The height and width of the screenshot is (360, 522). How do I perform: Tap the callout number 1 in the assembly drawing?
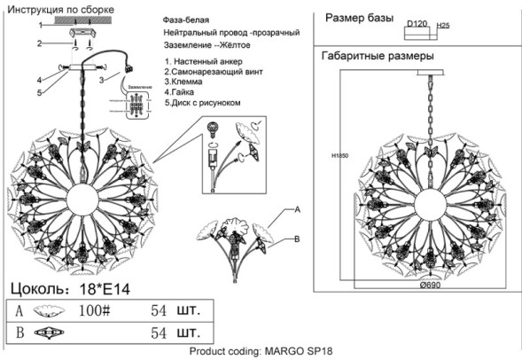[39, 26]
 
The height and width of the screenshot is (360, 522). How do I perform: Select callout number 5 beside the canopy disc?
[39, 90]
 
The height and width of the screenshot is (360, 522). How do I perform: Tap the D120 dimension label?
[417, 27]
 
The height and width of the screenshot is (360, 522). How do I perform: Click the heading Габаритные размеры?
[376, 57]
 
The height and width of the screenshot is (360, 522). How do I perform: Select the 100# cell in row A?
[94, 311]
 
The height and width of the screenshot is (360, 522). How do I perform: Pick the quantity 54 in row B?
[160, 334]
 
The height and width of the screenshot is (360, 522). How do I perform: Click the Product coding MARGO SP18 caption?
[261, 352]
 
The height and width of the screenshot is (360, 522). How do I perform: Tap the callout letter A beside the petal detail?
[298, 209]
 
